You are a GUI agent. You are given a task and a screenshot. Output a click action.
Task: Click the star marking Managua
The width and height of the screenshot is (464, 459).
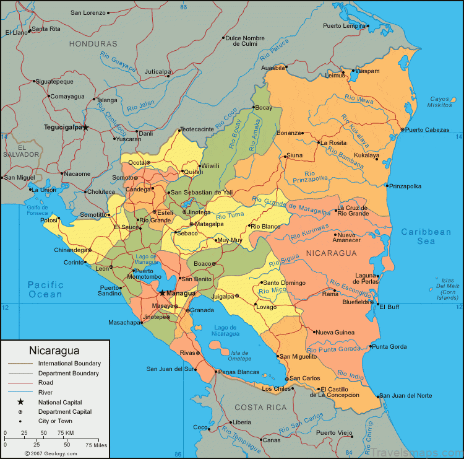(162, 292)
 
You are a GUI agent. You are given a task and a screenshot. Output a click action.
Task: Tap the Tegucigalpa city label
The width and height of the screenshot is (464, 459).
(62, 128)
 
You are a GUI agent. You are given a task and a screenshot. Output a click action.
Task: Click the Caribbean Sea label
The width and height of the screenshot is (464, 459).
(426, 236)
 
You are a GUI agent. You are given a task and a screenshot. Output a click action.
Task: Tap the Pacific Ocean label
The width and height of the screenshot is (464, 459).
(45, 289)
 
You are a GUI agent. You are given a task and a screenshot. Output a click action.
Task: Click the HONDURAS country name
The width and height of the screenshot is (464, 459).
(93, 44)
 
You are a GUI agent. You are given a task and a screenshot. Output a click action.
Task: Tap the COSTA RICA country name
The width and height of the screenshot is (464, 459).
(260, 407)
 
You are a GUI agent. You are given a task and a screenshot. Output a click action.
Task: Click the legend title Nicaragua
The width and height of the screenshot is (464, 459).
(54, 350)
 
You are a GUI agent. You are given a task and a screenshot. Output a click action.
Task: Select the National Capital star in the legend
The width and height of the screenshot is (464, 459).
(20, 402)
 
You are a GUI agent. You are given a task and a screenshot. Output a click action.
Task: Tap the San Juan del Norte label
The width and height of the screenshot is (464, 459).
(405, 395)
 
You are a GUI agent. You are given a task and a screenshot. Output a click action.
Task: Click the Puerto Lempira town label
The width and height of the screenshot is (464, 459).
(344, 26)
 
